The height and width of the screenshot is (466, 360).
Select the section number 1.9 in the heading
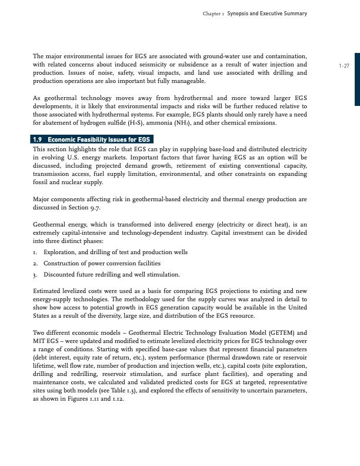pyautogui.click(x=38, y=139)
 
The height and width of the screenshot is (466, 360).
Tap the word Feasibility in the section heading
pyautogui.click(x=89, y=139)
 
